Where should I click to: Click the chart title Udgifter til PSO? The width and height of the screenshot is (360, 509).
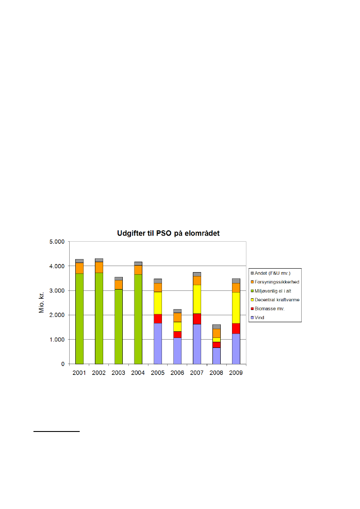168,233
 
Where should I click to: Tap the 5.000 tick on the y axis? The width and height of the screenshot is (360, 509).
56,242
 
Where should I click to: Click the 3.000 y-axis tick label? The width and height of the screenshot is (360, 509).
56,290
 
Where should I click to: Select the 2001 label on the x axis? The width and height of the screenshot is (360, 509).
79,373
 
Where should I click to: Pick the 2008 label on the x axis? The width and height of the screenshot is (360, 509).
216,373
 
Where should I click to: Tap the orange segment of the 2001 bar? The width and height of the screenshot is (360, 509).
79,268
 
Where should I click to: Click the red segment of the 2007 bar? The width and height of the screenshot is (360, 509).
197,319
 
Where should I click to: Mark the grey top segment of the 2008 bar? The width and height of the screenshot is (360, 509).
216,327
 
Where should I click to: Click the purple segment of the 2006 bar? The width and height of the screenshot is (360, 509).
177,351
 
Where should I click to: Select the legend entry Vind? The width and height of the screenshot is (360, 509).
260,318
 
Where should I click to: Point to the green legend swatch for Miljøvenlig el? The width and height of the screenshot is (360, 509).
252,291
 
